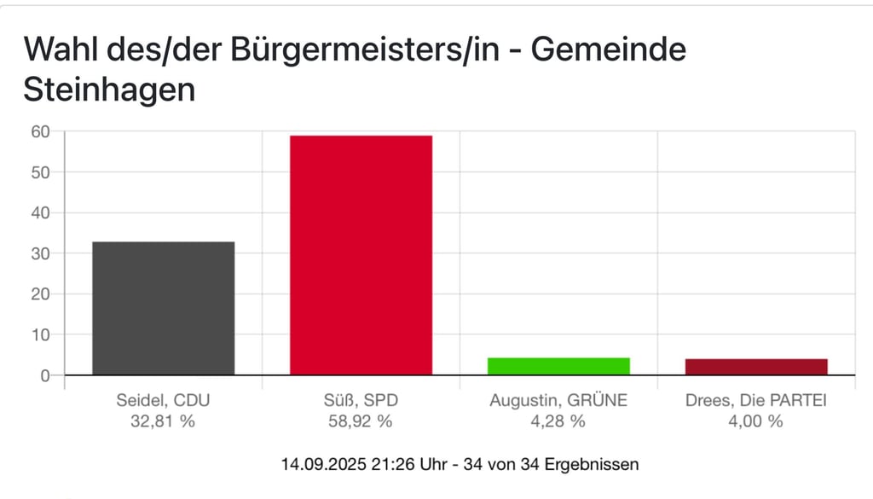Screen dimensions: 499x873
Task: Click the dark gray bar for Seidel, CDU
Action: (163, 308)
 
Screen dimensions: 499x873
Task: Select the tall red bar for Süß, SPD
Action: (361, 255)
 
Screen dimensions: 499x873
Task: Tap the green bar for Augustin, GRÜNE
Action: (558, 366)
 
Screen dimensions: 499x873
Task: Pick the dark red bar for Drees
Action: (756, 367)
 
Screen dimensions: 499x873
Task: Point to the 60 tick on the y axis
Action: (40, 131)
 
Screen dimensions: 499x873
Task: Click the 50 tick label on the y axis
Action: (40, 172)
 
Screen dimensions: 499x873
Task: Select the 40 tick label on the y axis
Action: (40, 212)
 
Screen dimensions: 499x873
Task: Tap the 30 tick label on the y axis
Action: (40, 253)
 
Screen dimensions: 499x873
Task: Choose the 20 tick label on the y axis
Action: (40, 294)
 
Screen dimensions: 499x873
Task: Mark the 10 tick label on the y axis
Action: (40, 334)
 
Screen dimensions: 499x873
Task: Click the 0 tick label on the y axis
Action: (45, 375)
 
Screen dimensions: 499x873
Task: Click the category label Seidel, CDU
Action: (163, 400)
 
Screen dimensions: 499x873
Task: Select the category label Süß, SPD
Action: (361, 400)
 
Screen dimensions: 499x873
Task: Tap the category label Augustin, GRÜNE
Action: (558, 400)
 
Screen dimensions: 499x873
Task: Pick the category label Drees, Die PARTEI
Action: (756, 400)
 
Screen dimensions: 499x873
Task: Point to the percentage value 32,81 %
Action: (163, 421)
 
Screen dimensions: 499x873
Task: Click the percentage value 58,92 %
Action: (361, 421)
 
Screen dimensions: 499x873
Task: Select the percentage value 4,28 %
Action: (558, 421)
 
